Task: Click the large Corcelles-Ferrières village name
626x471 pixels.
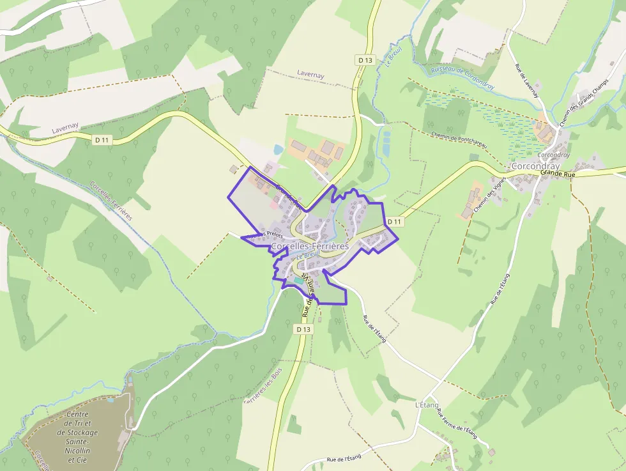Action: point(310,245)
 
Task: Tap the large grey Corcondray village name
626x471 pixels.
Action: point(535,166)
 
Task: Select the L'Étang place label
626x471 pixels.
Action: point(427,405)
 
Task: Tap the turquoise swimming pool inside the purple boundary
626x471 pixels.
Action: point(298,281)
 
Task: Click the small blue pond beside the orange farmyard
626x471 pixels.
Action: point(278,150)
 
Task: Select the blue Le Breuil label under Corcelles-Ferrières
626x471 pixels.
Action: point(307,254)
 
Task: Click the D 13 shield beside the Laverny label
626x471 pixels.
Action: point(365,60)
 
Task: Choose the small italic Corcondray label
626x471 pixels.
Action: point(553,155)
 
